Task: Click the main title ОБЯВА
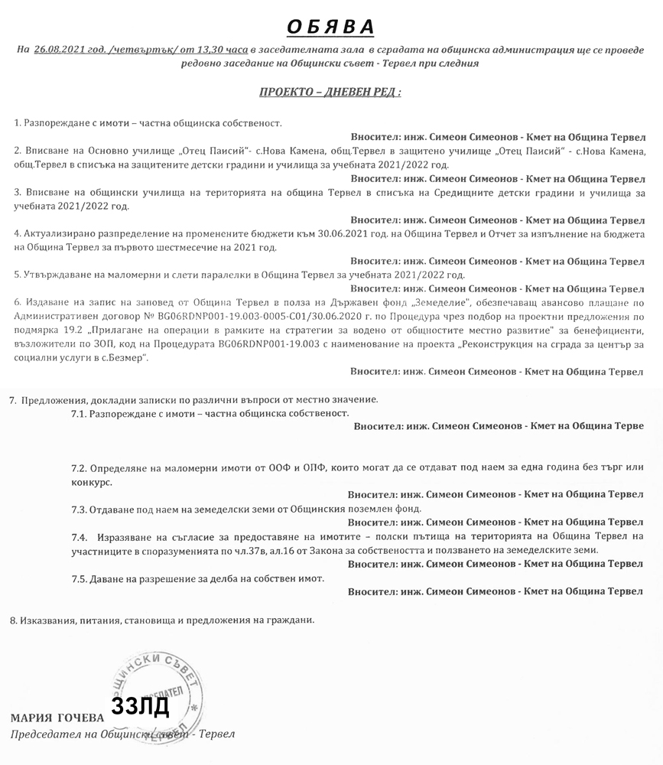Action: click(330, 28)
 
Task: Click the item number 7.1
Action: click(80, 413)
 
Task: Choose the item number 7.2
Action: click(80, 467)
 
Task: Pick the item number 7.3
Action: click(80, 508)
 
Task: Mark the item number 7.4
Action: click(80, 537)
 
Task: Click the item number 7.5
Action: click(80, 578)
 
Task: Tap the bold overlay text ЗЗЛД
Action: click(140, 706)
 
